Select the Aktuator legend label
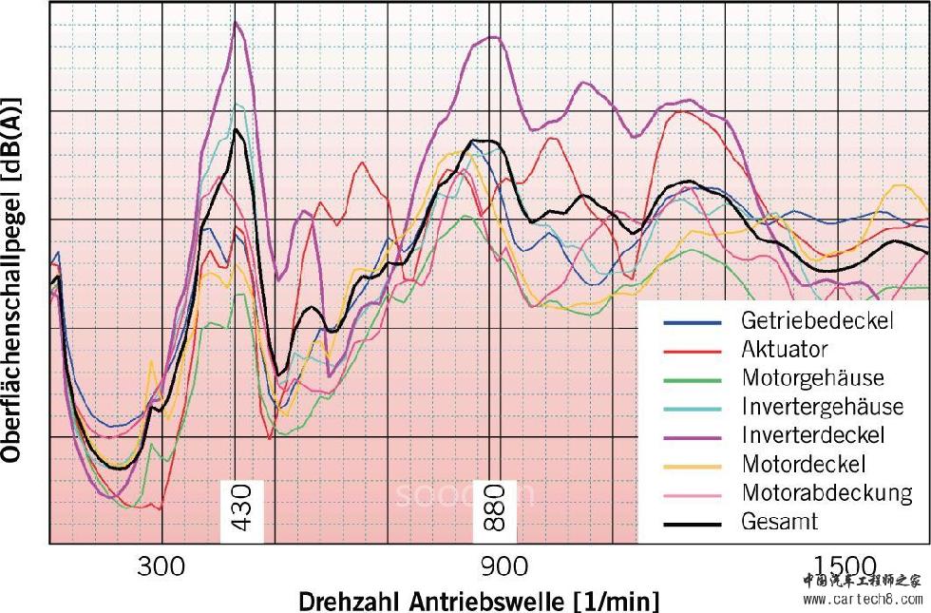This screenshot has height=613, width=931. coord(784,349)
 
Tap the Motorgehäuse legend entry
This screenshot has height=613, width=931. coord(812,377)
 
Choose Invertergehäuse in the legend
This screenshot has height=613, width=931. coord(822,407)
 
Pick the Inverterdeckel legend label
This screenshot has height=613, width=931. coord(812,435)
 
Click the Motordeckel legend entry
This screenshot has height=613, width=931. coord(804,464)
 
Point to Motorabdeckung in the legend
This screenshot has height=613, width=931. coord(826,492)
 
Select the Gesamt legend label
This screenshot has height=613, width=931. coord(779,522)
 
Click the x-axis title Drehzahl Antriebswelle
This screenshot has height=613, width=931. coord(478,601)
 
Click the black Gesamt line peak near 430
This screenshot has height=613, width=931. coord(236,130)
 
